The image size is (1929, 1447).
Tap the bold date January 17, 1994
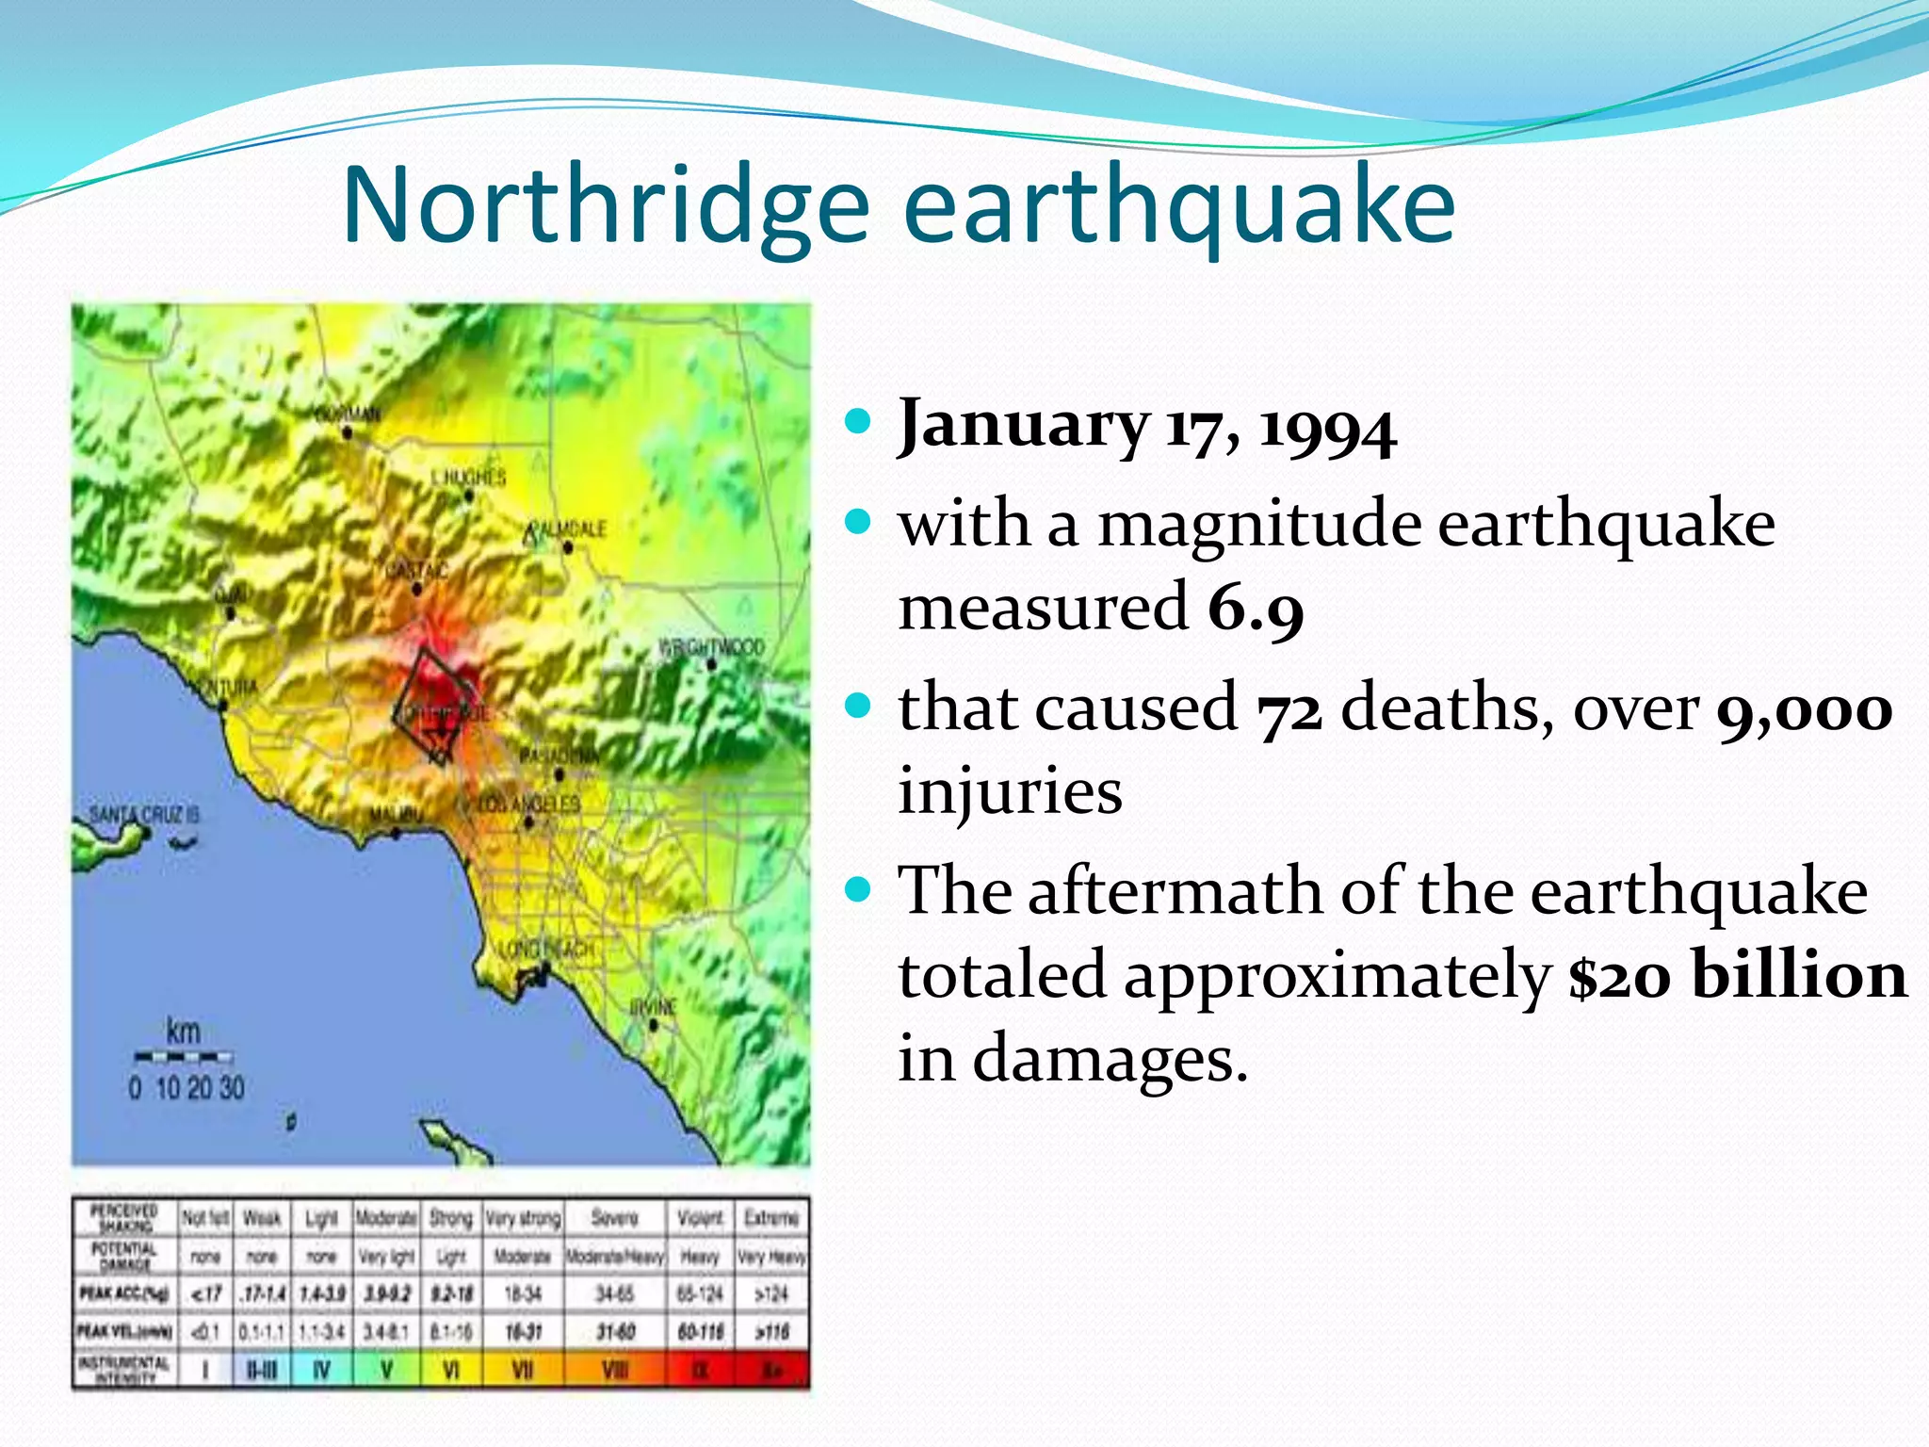(x=1146, y=426)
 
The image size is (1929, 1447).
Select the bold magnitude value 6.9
(x=1256, y=609)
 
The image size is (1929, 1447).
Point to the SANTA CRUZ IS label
(x=144, y=814)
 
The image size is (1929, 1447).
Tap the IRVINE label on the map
(x=653, y=1008)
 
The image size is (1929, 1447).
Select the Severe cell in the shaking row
(x=614, y=1218)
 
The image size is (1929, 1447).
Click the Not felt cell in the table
(x=205, y=1218)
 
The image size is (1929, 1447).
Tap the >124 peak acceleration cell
(x=770, y=1294)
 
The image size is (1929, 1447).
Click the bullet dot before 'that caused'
(x=858, y=706)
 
